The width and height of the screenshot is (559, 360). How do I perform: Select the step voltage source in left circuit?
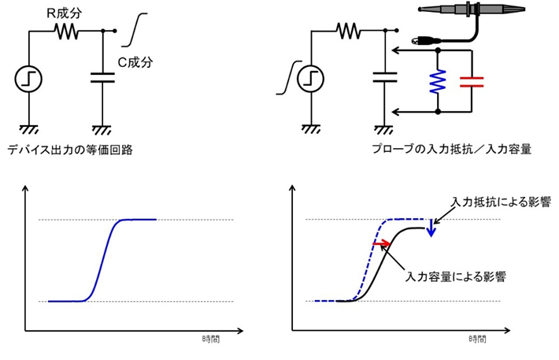28,80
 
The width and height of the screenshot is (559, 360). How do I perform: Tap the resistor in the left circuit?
65,32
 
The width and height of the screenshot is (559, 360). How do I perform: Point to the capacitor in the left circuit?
103,78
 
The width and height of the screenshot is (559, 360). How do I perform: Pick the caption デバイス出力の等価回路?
69,150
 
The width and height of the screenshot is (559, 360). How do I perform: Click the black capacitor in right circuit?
386,78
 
